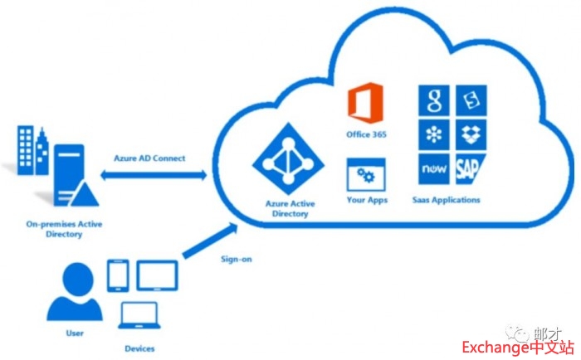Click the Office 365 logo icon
coord(366,105)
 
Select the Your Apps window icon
coord(366,176)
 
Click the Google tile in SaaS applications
coord(433,101)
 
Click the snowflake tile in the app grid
coord(433,134)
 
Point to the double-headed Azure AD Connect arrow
coord(154,175)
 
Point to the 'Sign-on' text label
coord(236,260)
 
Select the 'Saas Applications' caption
coord(446,200)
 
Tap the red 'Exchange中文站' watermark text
coord(515,347)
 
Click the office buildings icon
coord(32,150)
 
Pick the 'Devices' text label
coord(139,348)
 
